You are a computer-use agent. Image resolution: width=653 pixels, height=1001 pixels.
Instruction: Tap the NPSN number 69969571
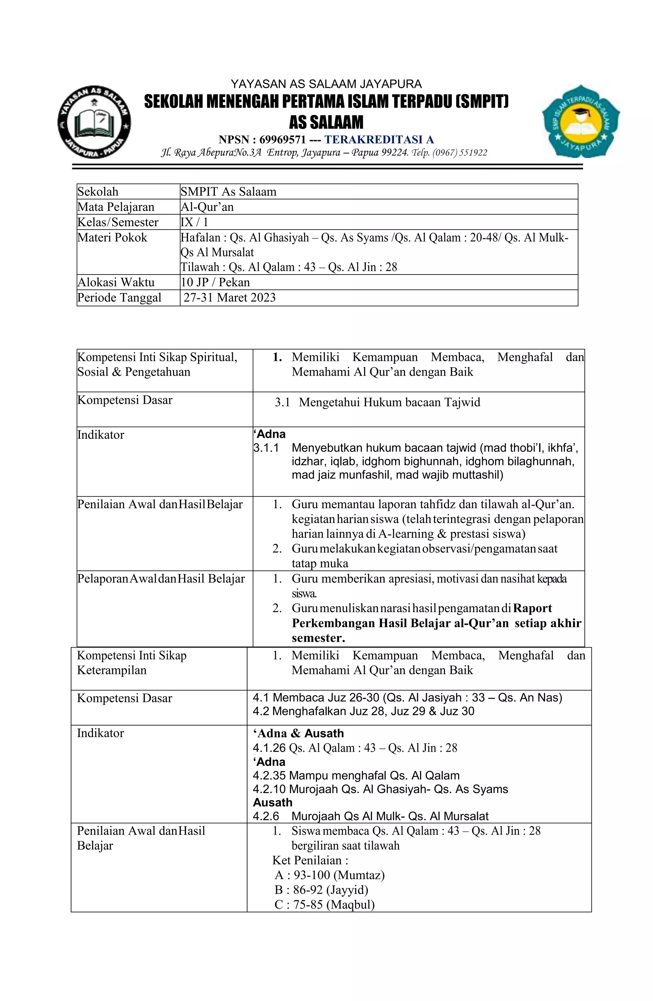pos(282,139)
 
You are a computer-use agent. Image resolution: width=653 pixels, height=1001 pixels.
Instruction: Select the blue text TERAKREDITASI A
pos(379,139)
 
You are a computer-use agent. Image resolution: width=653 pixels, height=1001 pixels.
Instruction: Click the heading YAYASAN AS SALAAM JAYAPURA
pos(326,84)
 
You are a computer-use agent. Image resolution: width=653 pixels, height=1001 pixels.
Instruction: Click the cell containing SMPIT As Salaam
pos(229,192)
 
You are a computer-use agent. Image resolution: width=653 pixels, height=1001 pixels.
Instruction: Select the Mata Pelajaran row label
pos(116,207)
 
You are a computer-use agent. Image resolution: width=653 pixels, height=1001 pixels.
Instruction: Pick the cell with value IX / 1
pos(194,222)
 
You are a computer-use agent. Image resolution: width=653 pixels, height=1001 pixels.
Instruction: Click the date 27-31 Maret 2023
pos(230,298)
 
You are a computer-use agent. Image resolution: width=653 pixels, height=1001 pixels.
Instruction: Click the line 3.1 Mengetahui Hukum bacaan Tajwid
pos(377,403)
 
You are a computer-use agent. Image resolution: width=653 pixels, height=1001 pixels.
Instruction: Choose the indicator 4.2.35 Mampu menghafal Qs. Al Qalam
pos(356,776)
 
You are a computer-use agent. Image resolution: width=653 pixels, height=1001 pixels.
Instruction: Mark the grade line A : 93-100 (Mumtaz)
pos(329,875)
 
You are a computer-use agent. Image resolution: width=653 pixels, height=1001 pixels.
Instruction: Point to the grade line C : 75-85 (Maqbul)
pos(324,905)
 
